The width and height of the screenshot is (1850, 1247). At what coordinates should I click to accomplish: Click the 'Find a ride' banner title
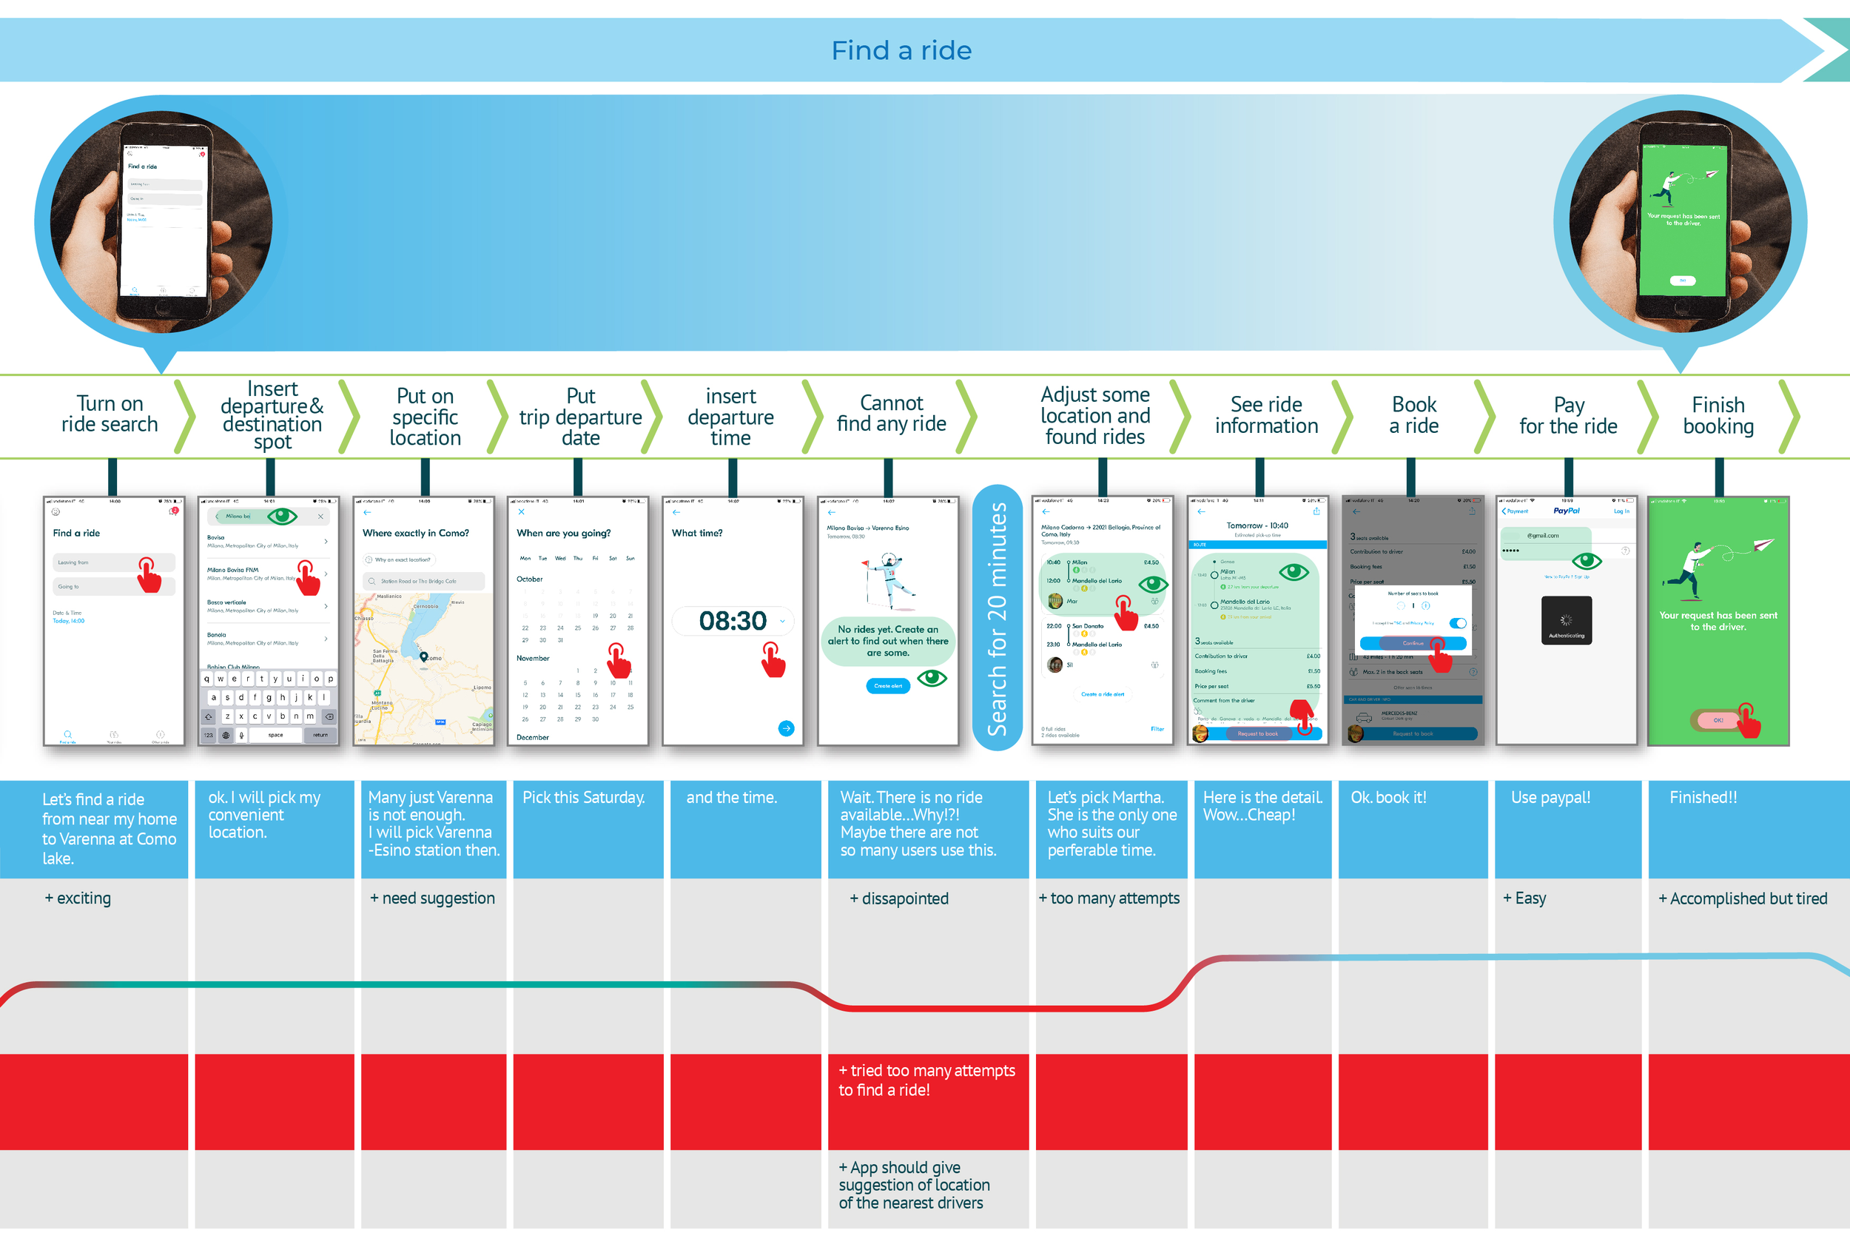901,51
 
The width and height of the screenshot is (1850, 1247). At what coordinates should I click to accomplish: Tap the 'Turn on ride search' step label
110,414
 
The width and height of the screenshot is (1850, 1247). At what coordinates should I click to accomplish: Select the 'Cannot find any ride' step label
891,414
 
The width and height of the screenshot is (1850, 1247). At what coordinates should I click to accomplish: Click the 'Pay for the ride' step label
1568,416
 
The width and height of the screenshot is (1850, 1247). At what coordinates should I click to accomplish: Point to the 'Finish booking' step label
1718,416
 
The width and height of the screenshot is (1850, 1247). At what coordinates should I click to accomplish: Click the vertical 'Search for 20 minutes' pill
997,618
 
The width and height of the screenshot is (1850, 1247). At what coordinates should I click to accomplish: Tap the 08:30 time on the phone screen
732,621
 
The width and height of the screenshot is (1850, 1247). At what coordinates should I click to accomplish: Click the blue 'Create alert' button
888,685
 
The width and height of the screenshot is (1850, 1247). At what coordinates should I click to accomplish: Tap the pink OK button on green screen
1718,721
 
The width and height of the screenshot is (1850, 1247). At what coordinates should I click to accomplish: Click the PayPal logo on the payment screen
1566,511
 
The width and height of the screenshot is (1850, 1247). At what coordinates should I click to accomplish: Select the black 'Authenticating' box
1566,620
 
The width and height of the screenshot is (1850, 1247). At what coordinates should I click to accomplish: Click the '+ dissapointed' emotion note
899,898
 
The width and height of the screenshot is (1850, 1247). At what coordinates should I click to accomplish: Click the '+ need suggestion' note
432,898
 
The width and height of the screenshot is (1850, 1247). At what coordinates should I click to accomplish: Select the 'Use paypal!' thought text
1550,798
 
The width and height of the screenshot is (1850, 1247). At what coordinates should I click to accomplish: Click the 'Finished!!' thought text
1703,798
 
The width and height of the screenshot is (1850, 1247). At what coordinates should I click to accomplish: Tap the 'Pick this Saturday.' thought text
584,798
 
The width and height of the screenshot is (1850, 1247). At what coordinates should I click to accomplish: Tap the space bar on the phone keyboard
275,735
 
